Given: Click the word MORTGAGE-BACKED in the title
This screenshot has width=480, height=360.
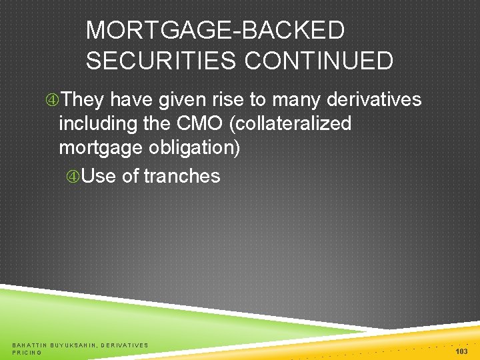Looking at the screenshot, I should (x=215, y=31).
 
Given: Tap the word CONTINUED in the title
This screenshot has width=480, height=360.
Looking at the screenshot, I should (x=318, y=61).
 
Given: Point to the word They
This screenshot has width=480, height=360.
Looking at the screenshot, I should (x=83, y=100).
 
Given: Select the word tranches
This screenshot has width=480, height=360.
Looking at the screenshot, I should (x=181, y=176).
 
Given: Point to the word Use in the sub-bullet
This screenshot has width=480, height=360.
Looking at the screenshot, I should (x=99, y=176).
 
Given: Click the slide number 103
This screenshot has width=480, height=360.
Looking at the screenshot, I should (x=461, y=351).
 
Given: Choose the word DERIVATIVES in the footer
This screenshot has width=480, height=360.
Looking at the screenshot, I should (x=125, y=345).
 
